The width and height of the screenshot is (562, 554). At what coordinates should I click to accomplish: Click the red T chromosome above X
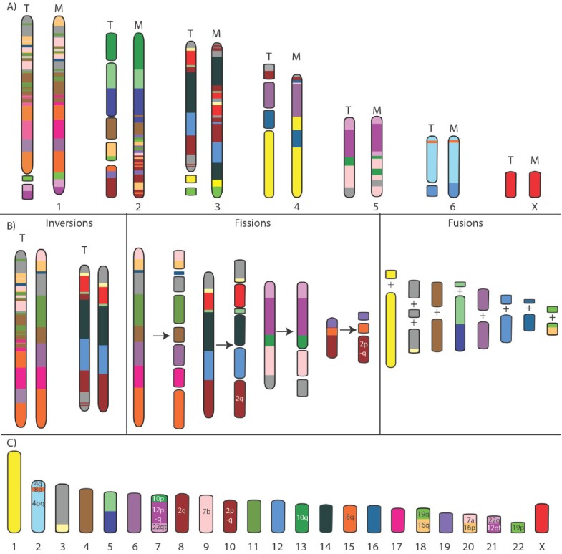click(x=510, y=184)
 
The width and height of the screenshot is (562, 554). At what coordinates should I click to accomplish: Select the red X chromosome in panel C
click(x=542, y=517)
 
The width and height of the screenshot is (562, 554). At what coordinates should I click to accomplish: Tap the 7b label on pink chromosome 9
click(x=205, y=513)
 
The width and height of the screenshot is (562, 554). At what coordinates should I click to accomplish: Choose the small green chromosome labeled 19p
click(x=518, y=528)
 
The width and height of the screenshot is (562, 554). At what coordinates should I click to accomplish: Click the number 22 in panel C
click(x=518, y=546)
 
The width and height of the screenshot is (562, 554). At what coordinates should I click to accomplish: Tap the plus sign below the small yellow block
click(x=391, y=286)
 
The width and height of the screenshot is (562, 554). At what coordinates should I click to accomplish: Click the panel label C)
click(x=10, y=442)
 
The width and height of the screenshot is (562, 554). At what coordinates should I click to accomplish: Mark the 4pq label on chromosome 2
click(x=37, y=504)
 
